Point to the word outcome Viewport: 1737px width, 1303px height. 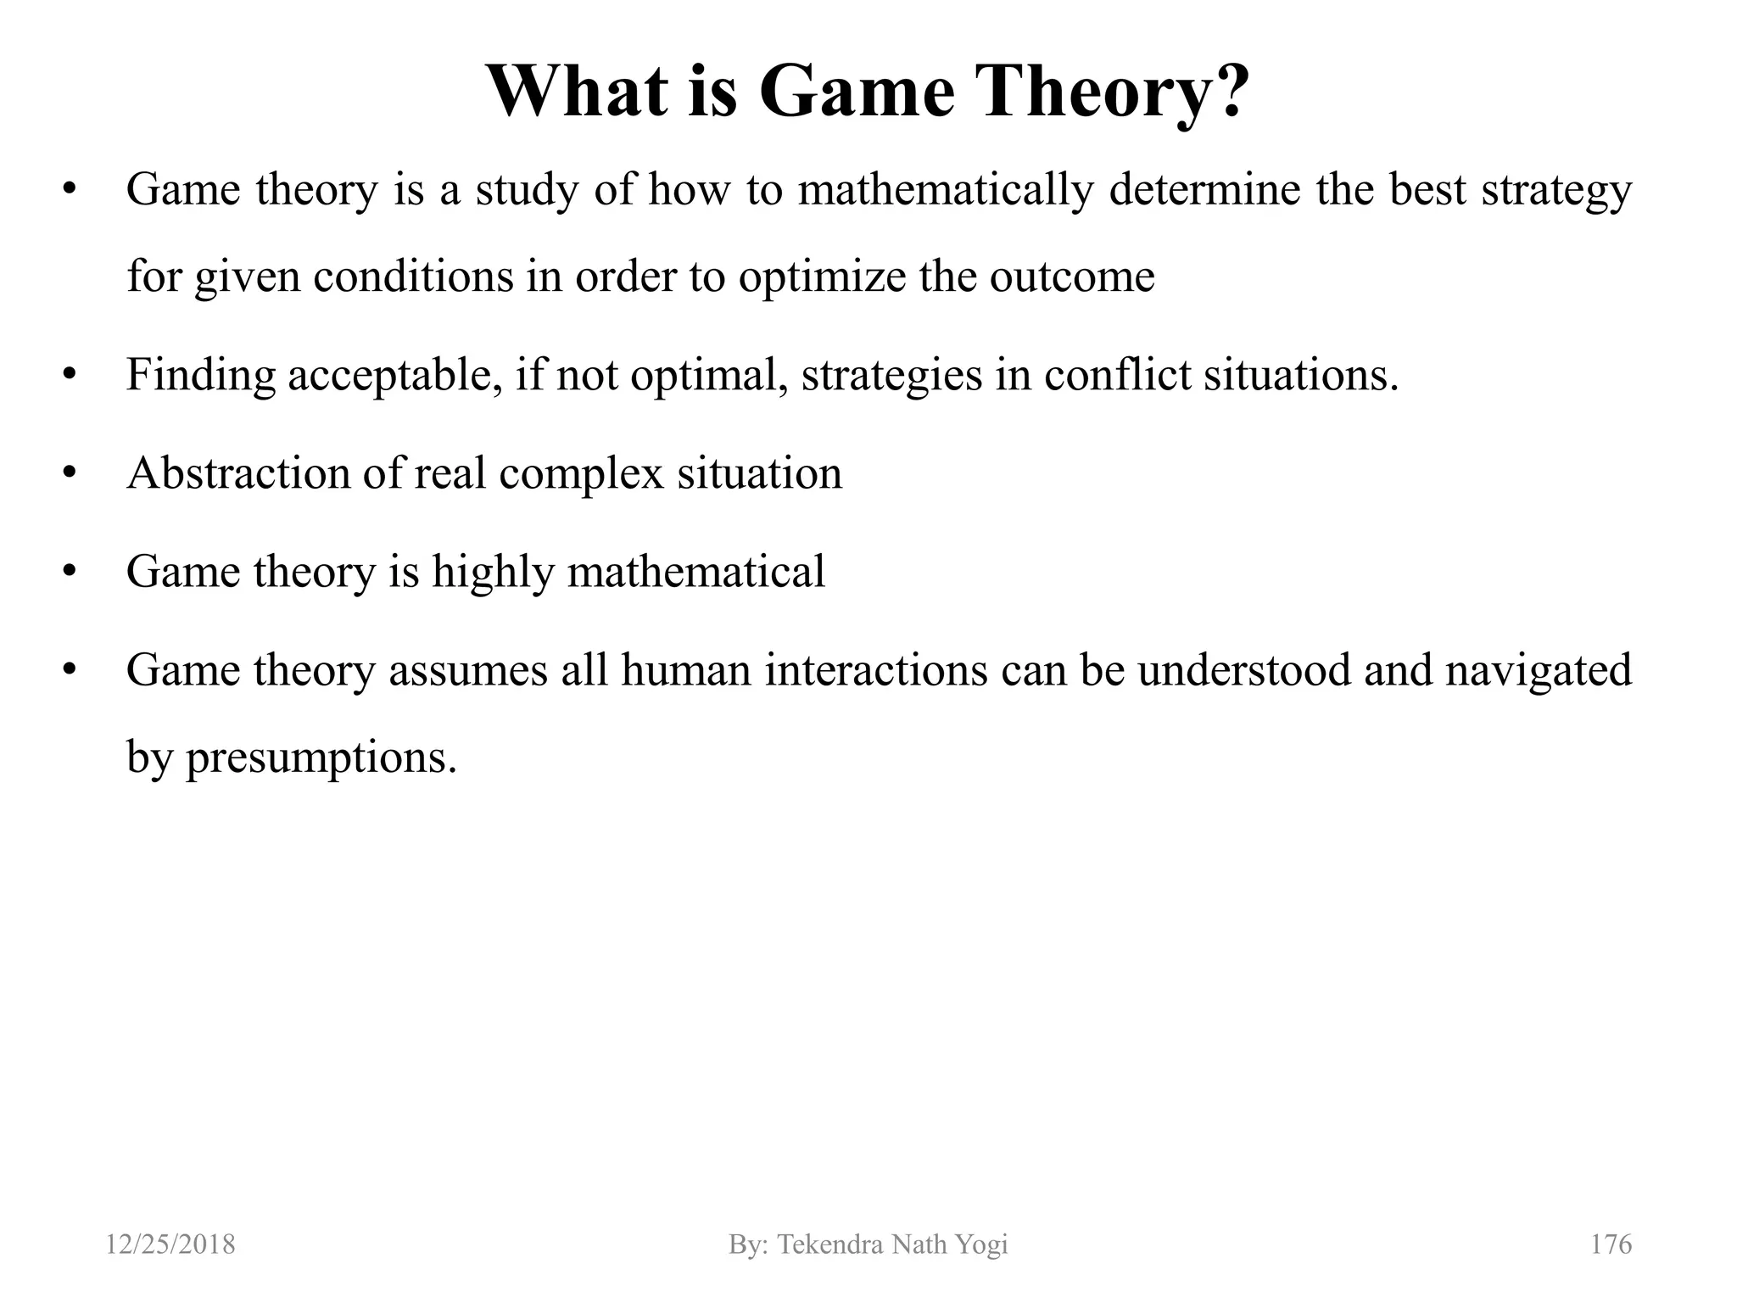1071,277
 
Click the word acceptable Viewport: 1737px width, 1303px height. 390,375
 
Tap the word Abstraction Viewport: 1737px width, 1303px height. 238,473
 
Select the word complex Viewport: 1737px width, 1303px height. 581,473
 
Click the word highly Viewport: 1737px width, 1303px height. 493,572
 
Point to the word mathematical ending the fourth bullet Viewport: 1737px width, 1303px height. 695,572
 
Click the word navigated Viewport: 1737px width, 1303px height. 1538,670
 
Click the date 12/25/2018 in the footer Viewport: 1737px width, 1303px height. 170,1244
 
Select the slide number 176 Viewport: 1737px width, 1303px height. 1611,1244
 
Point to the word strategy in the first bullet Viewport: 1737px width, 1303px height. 1556,189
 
